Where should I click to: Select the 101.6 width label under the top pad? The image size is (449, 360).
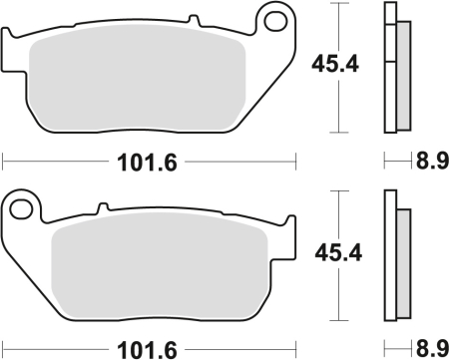(150, 159)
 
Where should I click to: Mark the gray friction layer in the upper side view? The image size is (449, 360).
(402, 75)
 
